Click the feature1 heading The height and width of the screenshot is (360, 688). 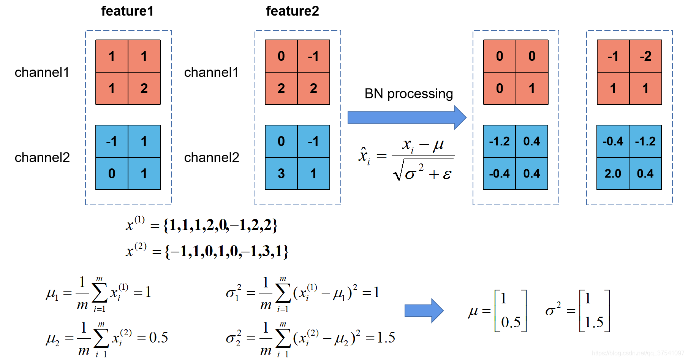(x=127, y=11)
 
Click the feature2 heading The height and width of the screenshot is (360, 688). (x=292, y=11)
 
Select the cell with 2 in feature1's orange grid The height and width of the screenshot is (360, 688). (x=144, y=89)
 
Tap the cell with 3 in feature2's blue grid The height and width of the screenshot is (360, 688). (x=281, y=174)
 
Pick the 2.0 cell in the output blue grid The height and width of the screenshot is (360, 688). (x=613, y=174)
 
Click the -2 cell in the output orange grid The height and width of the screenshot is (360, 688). (x=645, y=56)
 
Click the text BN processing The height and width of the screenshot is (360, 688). (x=408, y=94)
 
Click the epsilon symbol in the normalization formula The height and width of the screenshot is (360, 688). (x=447, y=174)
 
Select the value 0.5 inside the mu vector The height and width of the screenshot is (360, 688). (x=511, y=322)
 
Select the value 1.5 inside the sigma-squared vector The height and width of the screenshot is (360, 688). (x=594, y=322)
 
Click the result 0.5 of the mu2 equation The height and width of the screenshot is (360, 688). (x=158, y=337)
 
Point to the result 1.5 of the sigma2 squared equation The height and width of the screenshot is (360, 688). (x=386, y=337)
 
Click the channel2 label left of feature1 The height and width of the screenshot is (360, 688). (x=42, y=157)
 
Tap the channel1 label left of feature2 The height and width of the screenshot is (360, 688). (x=211, y=72)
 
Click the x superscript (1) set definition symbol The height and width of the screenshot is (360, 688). (x=134, y=224)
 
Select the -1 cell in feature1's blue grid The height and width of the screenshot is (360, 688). (x=112, y=141)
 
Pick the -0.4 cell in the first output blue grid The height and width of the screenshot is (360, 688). (x=499, y=174)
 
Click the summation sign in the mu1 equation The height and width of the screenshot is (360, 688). (x=100, y=293)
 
